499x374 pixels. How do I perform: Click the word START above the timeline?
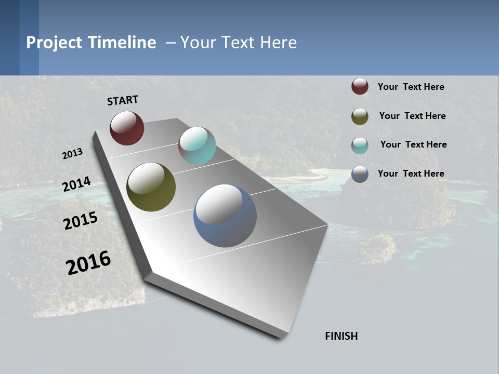click(x=123, y=100)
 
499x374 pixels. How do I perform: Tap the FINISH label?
click(x=342, y=336)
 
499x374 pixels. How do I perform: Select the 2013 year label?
click(x=73, y=154)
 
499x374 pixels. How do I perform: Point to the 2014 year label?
click(x=77, y=184)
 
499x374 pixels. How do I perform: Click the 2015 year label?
click(x=81, y=221)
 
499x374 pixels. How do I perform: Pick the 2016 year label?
click(x=88, y=262)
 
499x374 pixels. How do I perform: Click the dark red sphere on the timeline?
click(x=127, y=128)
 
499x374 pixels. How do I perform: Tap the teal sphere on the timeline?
click(x=197, y=145)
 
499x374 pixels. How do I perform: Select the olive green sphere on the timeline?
click(x=151, y=187)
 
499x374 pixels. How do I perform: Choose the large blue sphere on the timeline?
click(x=225, y=216)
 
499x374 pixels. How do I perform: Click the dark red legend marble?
click(x=360, y=87)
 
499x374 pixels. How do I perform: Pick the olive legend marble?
click(x=360, y=116)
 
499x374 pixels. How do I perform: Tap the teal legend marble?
click(x=360, y=145)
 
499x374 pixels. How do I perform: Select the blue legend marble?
click(x=360, y=174)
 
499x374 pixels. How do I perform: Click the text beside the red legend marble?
click(x=411, y=87)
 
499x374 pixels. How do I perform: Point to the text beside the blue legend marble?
click(x=411, y=173)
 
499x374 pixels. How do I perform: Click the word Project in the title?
click(x=54, y=43)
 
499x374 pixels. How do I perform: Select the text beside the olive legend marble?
click(x=412, y=116)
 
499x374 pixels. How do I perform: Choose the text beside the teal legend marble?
click(x=413, y=144)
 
